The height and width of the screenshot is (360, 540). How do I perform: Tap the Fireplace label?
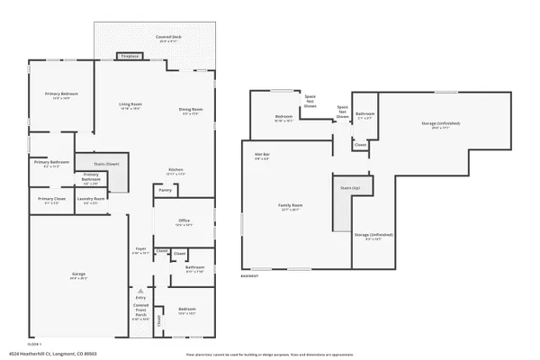point(130,56)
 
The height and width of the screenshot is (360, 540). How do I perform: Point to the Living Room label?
point(131,104)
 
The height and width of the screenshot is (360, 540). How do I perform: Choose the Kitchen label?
point(175,170)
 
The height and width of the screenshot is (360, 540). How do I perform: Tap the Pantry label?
point(165,190)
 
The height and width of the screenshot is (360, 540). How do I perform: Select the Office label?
point(183,220)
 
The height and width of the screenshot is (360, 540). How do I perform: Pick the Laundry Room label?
point(91,199)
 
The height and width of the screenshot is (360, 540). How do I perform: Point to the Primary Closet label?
point(50,199)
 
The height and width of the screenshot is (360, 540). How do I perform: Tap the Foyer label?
point(140,248)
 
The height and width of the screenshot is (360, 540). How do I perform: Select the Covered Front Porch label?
point(140,310)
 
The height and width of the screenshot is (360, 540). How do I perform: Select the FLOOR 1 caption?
point(34,343)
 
